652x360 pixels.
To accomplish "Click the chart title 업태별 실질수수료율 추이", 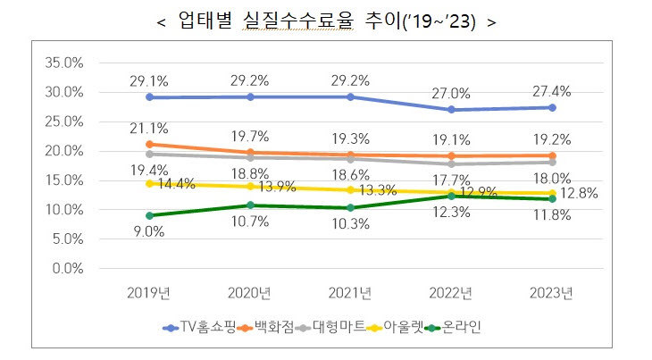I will tap(325, 22).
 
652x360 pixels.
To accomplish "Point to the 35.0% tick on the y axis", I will tap(64, 63).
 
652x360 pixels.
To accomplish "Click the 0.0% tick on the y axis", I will tap(68, 268).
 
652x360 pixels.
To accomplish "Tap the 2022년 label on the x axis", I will tap(451, 292).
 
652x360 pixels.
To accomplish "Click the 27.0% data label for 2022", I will tap(451, 92).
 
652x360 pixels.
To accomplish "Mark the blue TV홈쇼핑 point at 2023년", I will tap(552, 107).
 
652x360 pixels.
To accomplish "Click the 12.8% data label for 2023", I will tap(579, 193).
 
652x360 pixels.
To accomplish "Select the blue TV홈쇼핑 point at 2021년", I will tap(351, 96).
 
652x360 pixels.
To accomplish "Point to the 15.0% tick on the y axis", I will tap(64, 180).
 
